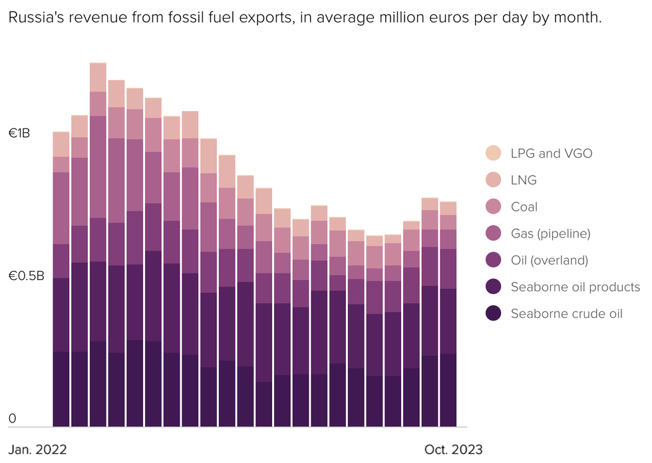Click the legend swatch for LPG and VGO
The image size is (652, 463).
494,153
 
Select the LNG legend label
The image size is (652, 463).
524,180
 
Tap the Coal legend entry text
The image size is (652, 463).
524,207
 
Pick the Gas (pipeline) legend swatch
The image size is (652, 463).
494,233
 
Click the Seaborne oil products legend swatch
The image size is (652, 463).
494,287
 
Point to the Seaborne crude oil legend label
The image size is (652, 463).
566,313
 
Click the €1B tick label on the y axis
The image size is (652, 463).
19,134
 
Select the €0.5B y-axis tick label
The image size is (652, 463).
26,276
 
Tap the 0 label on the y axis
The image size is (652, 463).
11,419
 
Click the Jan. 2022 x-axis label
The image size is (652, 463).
38,449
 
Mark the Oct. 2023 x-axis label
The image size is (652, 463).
453,449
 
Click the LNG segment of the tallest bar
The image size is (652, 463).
98,77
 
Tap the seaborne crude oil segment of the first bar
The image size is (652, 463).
61,389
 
